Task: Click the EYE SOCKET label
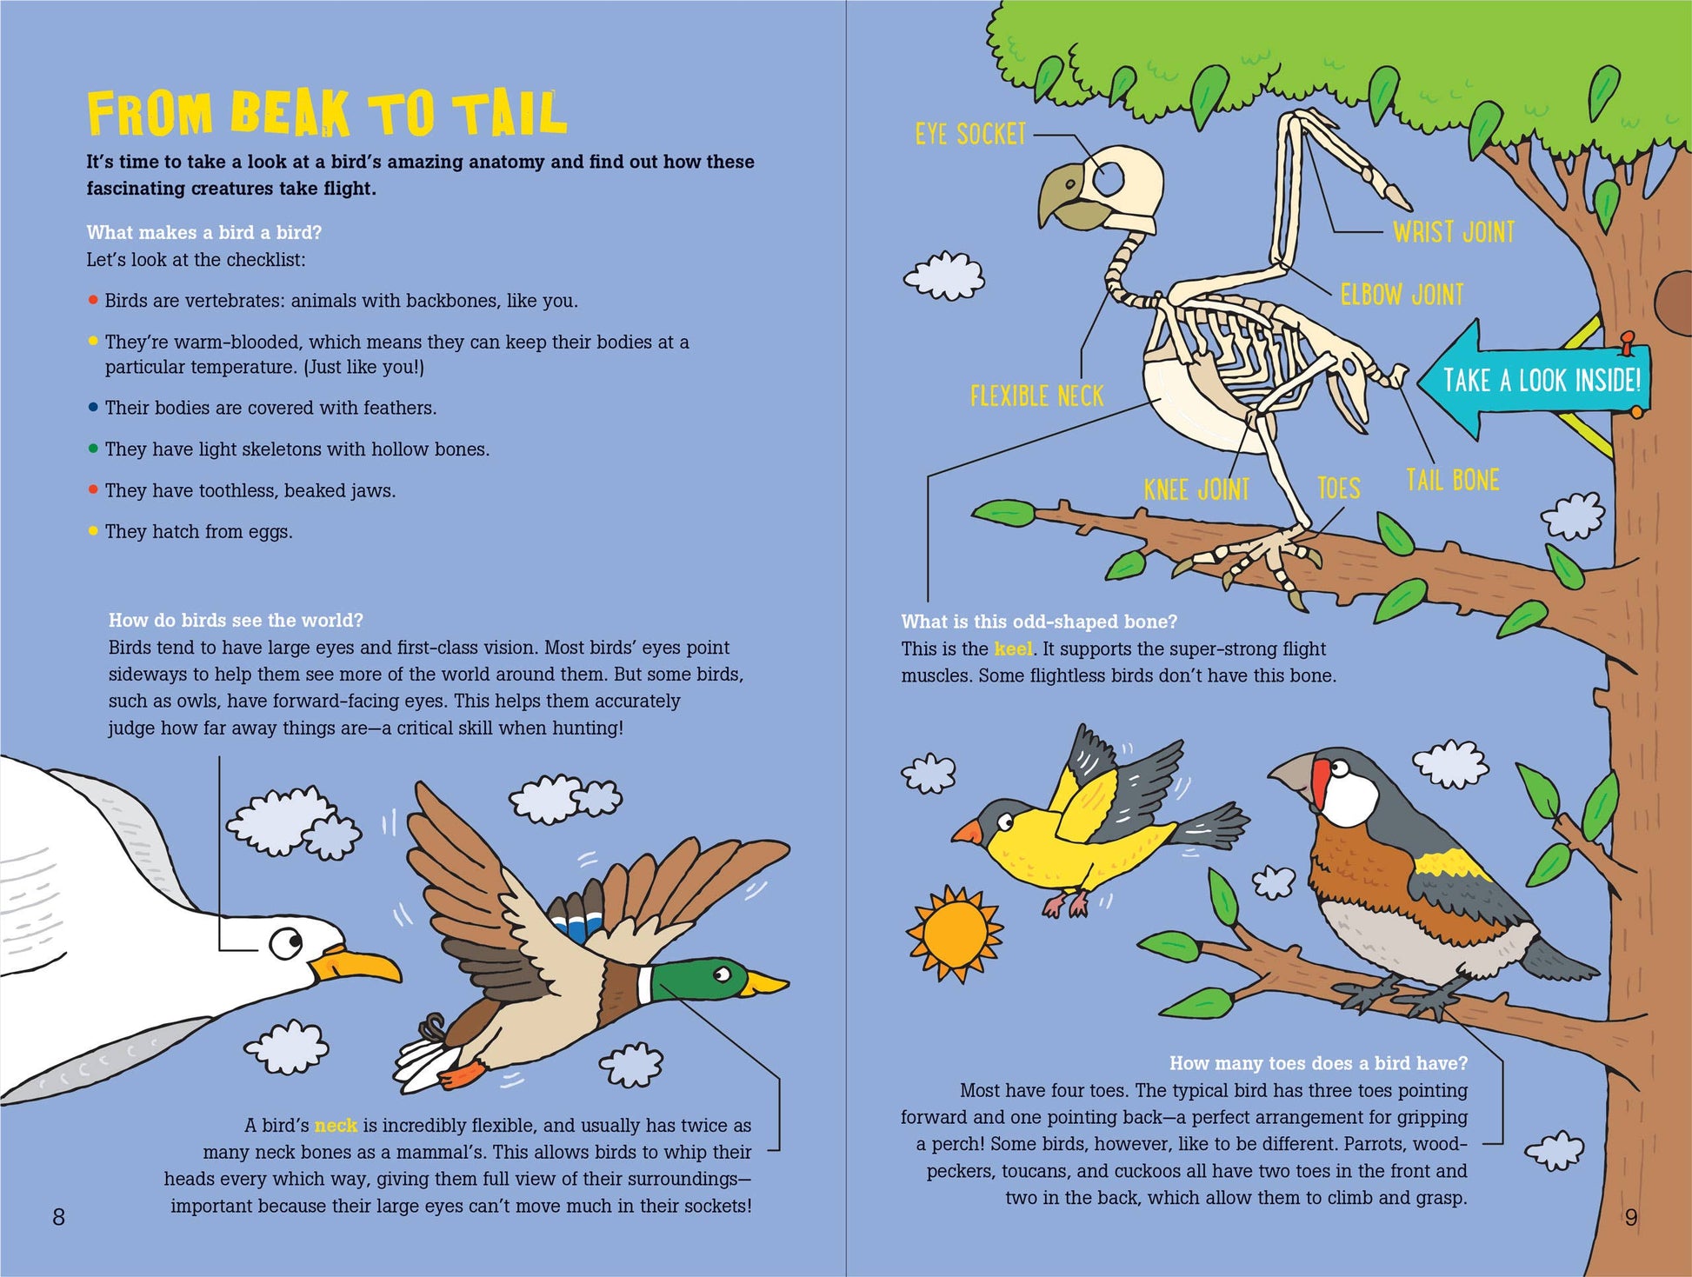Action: point(970,134)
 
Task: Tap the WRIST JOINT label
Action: point(1454,232)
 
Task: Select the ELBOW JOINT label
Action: point(1402,295)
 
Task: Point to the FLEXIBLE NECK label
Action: point(1036,396)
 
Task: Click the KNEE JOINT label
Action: point(1196,489)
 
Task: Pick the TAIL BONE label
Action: point(1452,480)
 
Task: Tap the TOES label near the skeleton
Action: point(1338,489)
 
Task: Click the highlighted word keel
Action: point(1014,648)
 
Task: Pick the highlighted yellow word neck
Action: point(336,1126)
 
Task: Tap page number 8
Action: point(59,1217)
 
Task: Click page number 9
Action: point(1631,1217)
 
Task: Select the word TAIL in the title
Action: point(513,114)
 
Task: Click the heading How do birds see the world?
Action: point(236,620)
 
